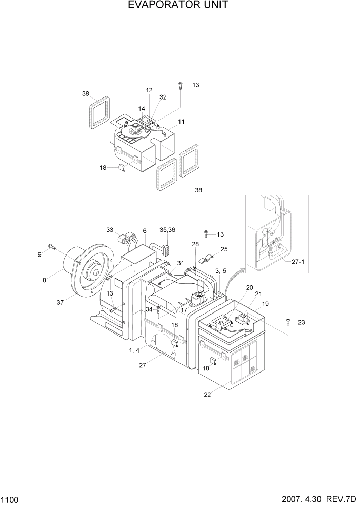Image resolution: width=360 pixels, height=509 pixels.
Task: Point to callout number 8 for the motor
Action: (45, 280)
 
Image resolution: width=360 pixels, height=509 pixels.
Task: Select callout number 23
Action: (301, 322)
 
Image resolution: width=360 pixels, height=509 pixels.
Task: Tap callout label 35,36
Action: (167, 230)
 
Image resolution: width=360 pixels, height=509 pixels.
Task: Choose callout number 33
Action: (110, 230)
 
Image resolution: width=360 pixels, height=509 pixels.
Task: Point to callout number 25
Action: (224, 249)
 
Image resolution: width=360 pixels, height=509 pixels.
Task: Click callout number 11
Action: (181, 122)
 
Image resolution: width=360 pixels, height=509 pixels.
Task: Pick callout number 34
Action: (148, 309)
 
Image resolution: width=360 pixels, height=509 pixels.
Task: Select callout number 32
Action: (163, 97)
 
